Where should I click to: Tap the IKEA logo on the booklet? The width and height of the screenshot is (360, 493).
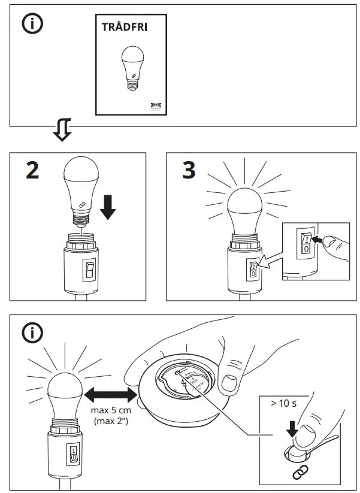155,105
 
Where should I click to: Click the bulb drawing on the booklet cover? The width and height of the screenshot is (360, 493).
130,66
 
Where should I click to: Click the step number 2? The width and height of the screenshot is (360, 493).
32,171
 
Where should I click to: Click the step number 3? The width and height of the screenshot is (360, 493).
188,171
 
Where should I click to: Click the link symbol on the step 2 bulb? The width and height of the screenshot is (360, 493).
75,204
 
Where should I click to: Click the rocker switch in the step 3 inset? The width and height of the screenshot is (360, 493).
305,243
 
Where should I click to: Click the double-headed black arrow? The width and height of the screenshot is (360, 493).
108,395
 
